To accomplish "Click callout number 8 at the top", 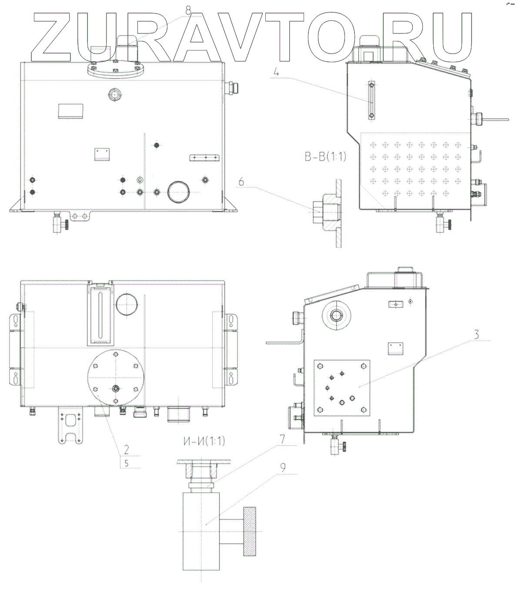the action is pyautogui.click(x=188, y=10).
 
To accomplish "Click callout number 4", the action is pyautogui.click(x=276, y=72).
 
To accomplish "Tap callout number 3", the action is pyautogui.click(x=476, y=334).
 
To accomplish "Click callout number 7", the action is pyautogui.click(x=282, y=439).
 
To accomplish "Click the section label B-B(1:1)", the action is pyautogui.click(x=325, y=157).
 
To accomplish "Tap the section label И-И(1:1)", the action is pyautogui.click(x=204, y=441).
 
